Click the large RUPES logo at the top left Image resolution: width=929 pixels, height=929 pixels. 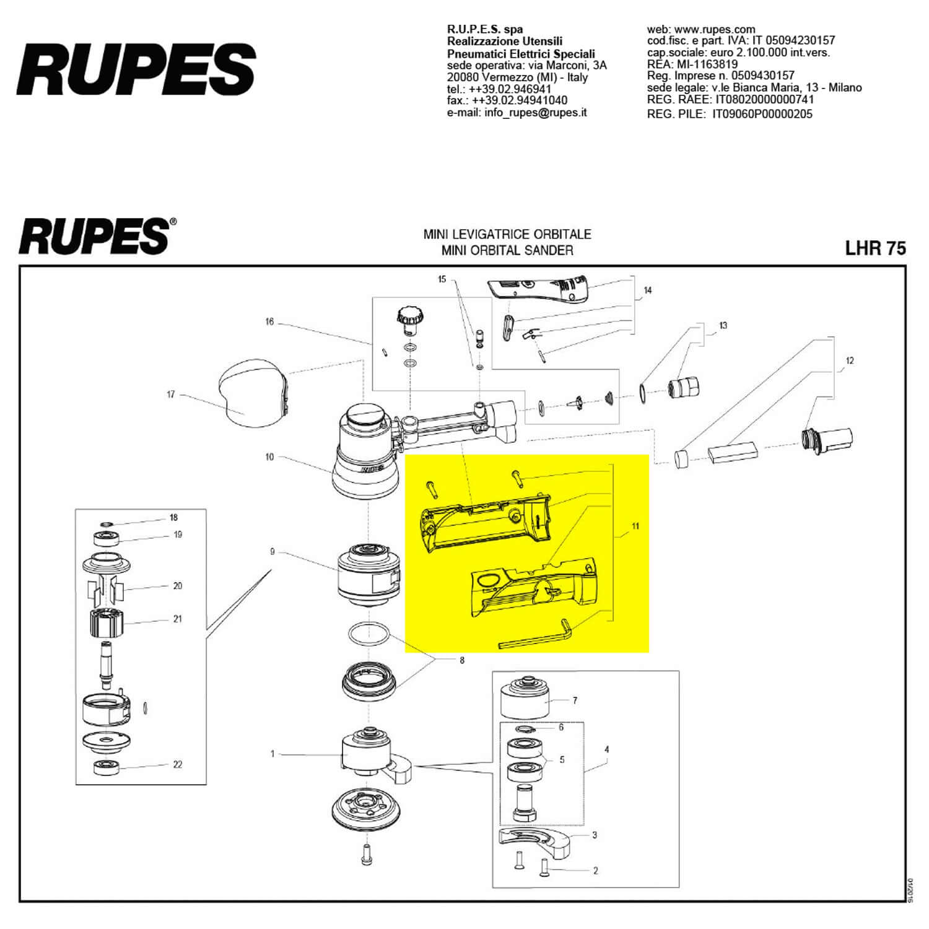136,69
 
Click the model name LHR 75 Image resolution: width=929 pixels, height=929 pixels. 875,248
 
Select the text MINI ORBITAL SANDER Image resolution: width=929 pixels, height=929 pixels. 507,250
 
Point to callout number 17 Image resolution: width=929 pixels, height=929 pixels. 171,395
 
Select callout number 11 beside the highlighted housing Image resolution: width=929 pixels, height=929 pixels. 635,526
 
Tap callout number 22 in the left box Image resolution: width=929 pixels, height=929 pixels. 178,764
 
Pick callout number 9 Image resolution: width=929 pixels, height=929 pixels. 272,552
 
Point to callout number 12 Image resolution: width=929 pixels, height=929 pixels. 849,360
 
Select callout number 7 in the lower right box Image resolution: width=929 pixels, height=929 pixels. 575,700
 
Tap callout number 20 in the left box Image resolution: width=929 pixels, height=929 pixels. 178,586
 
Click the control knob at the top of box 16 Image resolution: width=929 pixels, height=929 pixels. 409,318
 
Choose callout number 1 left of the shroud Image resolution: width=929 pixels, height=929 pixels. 272,754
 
